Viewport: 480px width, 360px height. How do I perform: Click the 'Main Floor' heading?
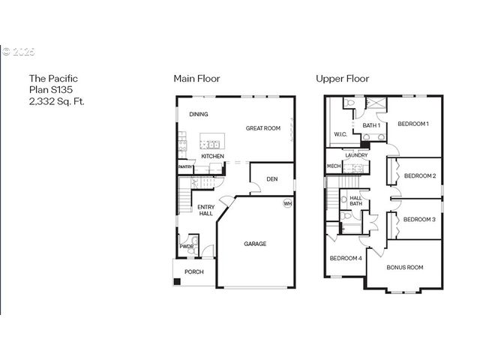tap(196, 78)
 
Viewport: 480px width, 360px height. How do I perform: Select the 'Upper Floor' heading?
tap(343, 78)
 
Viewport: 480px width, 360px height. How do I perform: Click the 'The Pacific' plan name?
tap(53, 78)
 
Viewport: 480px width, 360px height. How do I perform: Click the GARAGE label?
tap(255, 244)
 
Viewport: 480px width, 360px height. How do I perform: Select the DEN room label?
tap(271, 178)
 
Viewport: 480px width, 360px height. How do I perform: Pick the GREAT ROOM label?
tap(263, 128)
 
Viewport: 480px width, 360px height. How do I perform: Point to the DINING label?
tap(199, 115)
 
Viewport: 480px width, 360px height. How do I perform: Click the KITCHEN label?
tap(213, 156)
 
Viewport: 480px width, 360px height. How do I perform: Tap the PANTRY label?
tap(186, 166)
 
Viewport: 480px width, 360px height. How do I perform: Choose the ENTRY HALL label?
tap(206, 211)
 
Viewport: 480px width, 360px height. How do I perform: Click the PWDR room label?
tap(186, 246)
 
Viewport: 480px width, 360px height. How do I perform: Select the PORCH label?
tap(194, 271)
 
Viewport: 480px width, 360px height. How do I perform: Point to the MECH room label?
tap(333, 166)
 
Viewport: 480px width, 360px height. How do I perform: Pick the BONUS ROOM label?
tap(405, 267)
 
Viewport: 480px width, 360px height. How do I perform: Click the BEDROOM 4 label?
tap(346, 259)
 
